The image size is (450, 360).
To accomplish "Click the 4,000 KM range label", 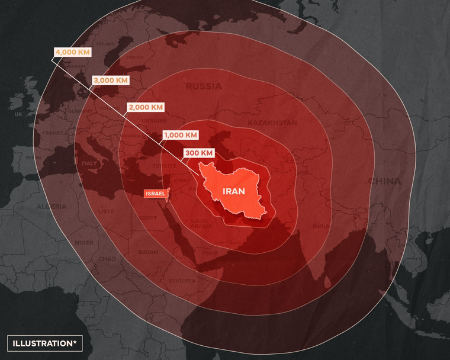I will [x=72, y=52].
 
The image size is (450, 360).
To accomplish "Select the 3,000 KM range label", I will [x=110, y=80].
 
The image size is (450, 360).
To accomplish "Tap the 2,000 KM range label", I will [x=145, y=107].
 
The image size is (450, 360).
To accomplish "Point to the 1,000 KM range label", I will [x=181, y=135].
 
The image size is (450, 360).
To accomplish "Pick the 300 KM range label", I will [x=199, y=153].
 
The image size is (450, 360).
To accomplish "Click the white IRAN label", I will [x=234, y=191].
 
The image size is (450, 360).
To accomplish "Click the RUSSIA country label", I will [x=204, y=86].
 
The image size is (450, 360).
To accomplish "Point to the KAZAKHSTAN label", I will [x=272, y=123].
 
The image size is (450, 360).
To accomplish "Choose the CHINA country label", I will [x=384, y=181].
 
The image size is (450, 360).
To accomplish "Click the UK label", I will [x=18, y=114].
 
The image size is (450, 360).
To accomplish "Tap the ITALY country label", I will [x=89, y=163].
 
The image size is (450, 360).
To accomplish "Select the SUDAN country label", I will [x=131, y=252].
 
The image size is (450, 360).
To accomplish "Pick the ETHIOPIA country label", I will [x=181, y=280].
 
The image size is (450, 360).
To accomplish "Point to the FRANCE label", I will [x=53, y=133].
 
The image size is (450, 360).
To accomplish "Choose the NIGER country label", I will [x=84, y=243].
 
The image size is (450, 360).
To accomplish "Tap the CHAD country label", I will [x=107, y=259].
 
